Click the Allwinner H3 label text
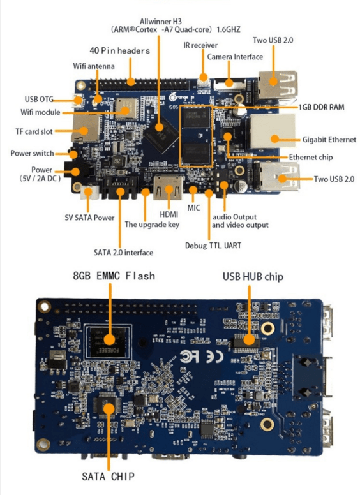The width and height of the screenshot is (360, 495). point(161,22)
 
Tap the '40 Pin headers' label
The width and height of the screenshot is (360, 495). point(120,50)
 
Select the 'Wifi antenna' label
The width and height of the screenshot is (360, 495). point(94,66)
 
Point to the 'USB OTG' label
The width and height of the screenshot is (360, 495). point(39,99)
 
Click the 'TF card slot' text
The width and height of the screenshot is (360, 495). point(34,131)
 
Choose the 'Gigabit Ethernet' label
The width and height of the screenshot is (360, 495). point(329,140)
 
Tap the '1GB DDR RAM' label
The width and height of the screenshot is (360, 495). point(322,107)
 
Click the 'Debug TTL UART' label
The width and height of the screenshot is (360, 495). point(213,246)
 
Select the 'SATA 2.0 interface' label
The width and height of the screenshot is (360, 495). point(123,252)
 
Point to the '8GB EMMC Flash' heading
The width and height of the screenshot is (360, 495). point(114,276)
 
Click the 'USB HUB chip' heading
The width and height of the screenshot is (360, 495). point(253,277)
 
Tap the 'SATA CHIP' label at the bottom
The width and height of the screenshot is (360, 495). point(108,477)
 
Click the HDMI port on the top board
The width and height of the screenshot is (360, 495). point(169,188)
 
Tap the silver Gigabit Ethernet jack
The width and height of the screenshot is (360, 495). point(273,131)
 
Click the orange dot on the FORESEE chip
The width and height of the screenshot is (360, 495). point(109,340)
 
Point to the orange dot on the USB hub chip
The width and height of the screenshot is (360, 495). point(249,341)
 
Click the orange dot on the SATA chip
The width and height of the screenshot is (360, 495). point(109,409)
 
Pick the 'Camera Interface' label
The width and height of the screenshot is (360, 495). point(235,57)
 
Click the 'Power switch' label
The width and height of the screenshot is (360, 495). point(32,154)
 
